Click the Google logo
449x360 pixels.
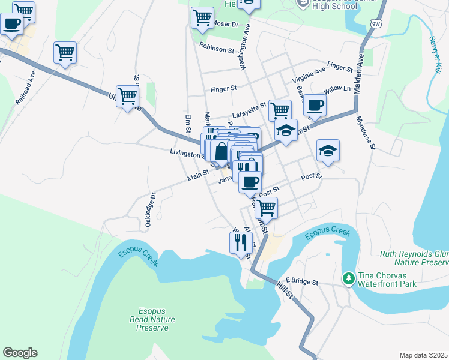[20, 353]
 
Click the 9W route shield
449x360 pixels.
[376, 23]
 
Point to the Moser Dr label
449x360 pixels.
[226, 25]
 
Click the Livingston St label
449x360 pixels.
[186, 154]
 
